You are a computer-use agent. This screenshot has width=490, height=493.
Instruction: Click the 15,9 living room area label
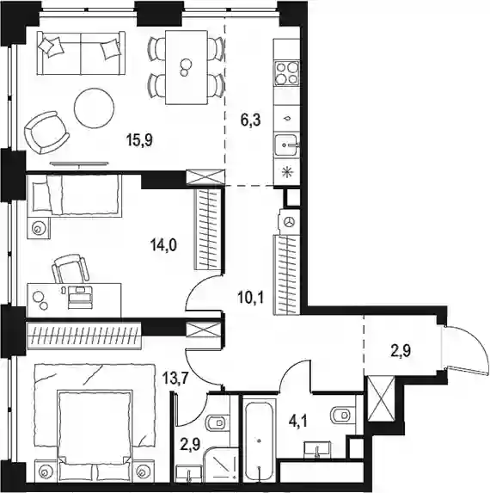(139, 140)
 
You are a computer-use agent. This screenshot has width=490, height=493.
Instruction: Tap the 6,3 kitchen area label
(251, 120)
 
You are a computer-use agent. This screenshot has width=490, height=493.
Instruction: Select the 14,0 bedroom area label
(163, 245)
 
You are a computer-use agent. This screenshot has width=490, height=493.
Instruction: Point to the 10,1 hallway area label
(251, 298)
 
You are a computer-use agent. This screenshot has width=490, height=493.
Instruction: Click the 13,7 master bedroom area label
(175, 378)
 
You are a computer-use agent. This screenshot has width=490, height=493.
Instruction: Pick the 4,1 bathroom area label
(298, 422)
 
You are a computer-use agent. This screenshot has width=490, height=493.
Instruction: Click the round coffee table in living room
(94, 108)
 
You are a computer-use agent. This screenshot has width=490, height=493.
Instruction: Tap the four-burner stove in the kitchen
(286, 73)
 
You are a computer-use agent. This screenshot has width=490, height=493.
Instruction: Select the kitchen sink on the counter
(286, 145)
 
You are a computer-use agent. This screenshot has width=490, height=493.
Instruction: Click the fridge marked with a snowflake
(286, 173)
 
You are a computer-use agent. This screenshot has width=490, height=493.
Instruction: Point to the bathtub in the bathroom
(259, 441)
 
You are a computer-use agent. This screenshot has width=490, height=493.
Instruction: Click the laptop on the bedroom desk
(81, 295)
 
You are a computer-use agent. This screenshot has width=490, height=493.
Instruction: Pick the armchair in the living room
(46, 132)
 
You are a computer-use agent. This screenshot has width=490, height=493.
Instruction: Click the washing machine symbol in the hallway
(290, 222)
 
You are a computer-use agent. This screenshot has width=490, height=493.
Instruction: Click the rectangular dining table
(187, 67)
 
